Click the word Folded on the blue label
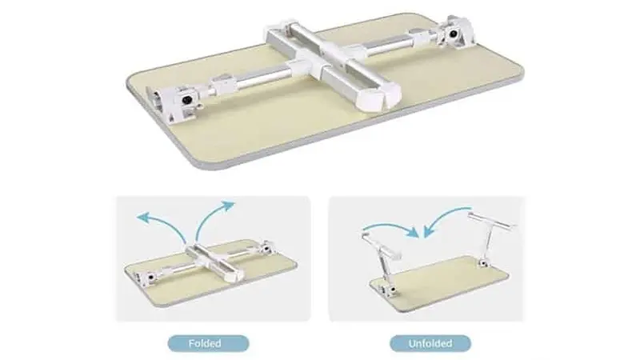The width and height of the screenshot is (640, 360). coord(205,343)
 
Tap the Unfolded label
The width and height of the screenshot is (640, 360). coord(430,343)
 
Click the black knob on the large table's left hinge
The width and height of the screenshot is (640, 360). coord(187,101)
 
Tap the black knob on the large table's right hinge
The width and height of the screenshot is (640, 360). coord(453,34)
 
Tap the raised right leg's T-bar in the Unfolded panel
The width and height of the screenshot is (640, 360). coord(492,221)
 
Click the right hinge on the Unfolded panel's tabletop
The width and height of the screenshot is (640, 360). coord(485,262)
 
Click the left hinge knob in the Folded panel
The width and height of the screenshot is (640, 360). coord(150,277)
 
